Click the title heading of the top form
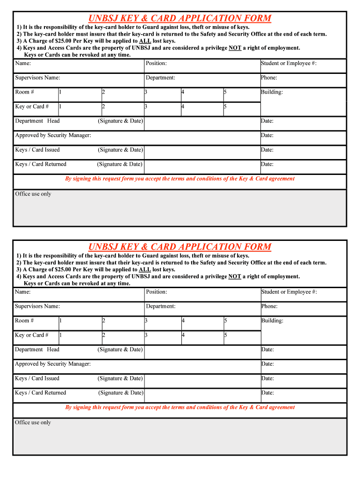180,18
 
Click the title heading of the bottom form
180,247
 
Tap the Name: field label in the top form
23,63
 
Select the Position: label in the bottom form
156,292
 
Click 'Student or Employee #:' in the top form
289,63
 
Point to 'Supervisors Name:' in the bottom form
37,306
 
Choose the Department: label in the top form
160,78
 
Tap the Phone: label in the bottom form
269,306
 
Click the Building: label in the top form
272,92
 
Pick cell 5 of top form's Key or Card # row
241,107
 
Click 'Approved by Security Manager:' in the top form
53,135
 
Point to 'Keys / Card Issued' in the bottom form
37,378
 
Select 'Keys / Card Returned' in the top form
41,164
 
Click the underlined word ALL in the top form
145,41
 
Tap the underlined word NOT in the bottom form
235,276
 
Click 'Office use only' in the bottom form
33,422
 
